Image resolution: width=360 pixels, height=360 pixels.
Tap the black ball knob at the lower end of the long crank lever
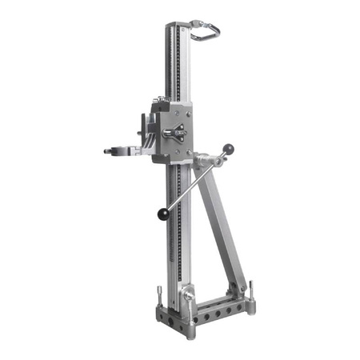click(x=163, y=214)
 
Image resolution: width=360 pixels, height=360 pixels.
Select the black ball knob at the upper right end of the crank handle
click(x=228, y=148)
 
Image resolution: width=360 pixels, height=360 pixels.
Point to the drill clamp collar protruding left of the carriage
click(x=120, y=150)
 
